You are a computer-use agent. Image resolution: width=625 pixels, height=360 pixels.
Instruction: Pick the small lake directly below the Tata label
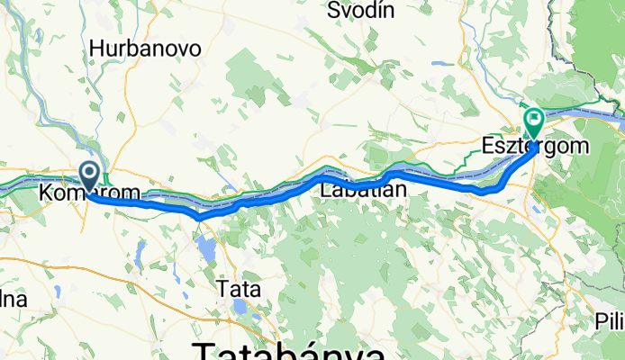pos(240,307)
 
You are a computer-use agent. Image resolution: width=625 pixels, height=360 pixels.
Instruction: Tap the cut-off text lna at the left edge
pos(13,299)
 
